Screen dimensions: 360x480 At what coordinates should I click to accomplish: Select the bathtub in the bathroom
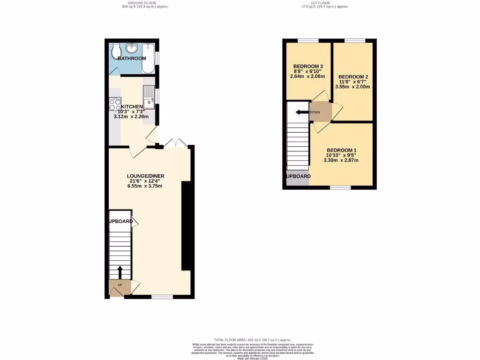(x=149, y=59)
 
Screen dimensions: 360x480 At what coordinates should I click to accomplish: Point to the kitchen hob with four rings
(x=115, y=104)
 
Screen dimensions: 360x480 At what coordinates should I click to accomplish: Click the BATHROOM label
(x=132, y=59)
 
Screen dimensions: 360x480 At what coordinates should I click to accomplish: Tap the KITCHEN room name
(x=131, y=107)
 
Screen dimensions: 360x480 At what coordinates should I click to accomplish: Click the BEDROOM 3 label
(x=307, y=66)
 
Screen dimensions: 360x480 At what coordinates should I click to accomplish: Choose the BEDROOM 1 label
(x=341, y=150)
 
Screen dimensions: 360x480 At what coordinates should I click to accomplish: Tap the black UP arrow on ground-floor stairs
(x=120, y=272)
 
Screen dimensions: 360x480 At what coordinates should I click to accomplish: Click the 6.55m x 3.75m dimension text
(x=145, y=186)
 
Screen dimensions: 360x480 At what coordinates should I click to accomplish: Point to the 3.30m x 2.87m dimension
(x=341, y=160)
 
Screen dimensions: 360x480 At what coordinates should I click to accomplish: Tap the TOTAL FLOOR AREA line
(x=253, y=339)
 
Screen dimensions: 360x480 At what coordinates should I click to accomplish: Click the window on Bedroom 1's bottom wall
(x=340, y=187)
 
